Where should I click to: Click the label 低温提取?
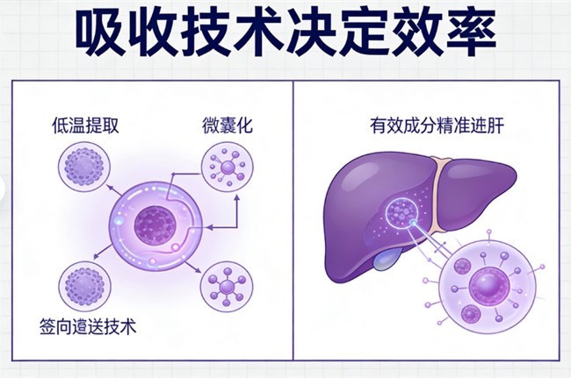85,125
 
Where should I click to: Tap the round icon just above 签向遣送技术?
84,286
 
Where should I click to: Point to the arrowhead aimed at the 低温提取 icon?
111,188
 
